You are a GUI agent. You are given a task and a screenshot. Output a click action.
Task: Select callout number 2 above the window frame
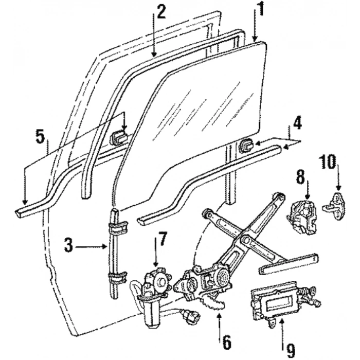pos(161,11)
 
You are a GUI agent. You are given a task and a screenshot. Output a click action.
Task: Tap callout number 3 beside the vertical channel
pos(68,246)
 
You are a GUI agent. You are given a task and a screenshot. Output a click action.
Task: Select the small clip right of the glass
pos(246,146)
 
